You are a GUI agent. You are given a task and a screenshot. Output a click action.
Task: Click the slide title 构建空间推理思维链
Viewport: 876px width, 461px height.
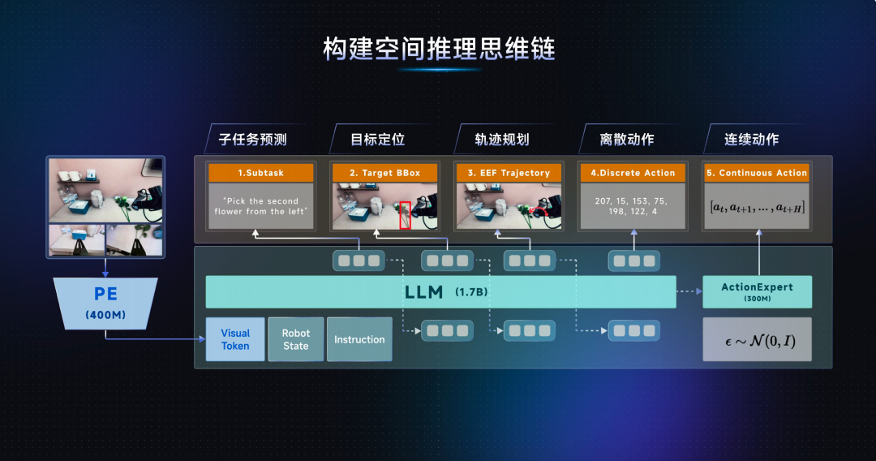tap(439, 49)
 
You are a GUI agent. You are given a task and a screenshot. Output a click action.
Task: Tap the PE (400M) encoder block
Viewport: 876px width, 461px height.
tap(105, 304)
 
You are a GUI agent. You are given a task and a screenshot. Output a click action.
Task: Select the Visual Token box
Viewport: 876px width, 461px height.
tap(235, 339)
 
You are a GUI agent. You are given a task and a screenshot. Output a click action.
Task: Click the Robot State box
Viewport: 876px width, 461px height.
tap(295, 339)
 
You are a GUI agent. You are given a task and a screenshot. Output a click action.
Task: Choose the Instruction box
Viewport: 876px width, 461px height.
tap(359, 339)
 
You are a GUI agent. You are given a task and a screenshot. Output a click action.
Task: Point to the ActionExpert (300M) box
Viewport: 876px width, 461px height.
tap(757, 291)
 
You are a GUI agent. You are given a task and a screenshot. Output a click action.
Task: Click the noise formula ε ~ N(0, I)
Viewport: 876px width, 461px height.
tap(760, 341)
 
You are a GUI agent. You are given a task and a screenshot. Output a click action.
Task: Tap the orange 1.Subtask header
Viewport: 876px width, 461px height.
tap(261, 173)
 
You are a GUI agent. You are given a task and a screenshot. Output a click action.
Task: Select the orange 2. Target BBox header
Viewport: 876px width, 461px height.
tap(385, 173)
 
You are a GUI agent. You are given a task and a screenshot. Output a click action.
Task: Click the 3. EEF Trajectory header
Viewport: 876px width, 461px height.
tap(509, 173)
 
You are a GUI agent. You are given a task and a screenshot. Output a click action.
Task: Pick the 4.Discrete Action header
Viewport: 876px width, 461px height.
tap(633, 173)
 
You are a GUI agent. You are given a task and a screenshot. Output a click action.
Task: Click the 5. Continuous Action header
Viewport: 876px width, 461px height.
tap(757, 173)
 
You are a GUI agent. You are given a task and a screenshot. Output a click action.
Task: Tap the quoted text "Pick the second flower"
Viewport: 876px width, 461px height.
tap(260, 206)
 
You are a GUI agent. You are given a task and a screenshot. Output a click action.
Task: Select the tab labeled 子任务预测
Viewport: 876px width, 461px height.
tap(252, 139)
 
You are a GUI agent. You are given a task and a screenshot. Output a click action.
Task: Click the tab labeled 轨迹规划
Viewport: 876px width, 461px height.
tap(502, 139)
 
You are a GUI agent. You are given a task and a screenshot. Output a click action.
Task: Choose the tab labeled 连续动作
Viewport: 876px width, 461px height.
tap(751, 139)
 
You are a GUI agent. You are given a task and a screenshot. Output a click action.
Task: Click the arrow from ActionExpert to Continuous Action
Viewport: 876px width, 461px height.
tap(758, 252)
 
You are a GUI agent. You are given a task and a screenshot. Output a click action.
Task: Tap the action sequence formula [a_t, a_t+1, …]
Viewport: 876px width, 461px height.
tap(757, 208)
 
